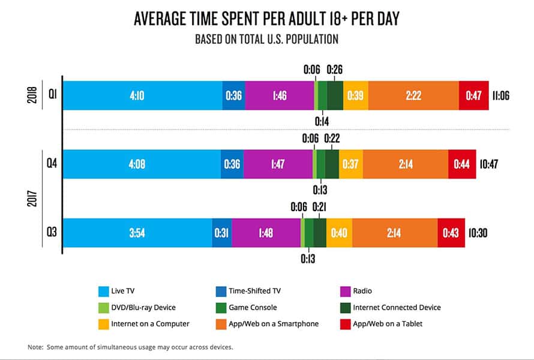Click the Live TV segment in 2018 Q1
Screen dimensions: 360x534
[142, 95]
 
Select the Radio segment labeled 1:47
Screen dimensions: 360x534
[277, 164]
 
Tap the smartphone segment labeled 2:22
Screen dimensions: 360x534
[413, 95]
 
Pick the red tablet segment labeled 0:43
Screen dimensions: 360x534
[451, 233]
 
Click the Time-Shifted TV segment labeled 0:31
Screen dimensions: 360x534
[221, 233]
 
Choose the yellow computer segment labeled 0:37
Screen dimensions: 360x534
[350, 164]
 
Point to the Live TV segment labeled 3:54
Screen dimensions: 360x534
[137, 233]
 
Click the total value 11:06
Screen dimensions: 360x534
[500, 95]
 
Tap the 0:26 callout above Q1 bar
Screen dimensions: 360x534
[334, 70]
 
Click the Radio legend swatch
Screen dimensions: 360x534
[345, 292]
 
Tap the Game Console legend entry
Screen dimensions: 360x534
[253, 308]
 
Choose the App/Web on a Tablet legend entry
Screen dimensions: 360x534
[388, 324]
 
